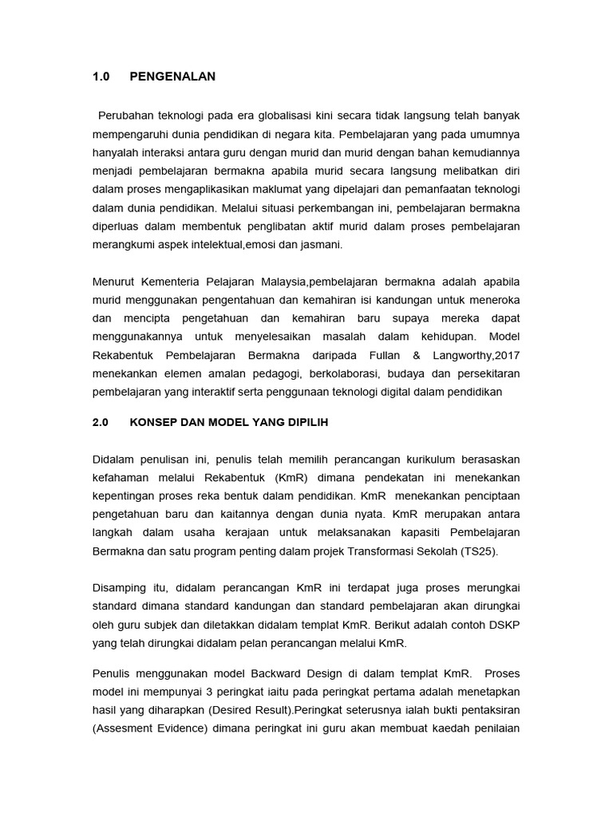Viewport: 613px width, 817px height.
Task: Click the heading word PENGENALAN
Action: [172, 77]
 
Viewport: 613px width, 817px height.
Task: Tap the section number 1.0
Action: [101, 77]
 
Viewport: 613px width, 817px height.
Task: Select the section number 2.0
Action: [101, 424]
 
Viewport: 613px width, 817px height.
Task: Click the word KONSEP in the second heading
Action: [149, 424]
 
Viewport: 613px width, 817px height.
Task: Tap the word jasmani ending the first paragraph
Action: [321, 245]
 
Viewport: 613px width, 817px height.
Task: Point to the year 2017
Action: [506, 356]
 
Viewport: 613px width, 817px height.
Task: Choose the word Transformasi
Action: [382, 551]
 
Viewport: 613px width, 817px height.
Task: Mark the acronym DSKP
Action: [506, 625]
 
